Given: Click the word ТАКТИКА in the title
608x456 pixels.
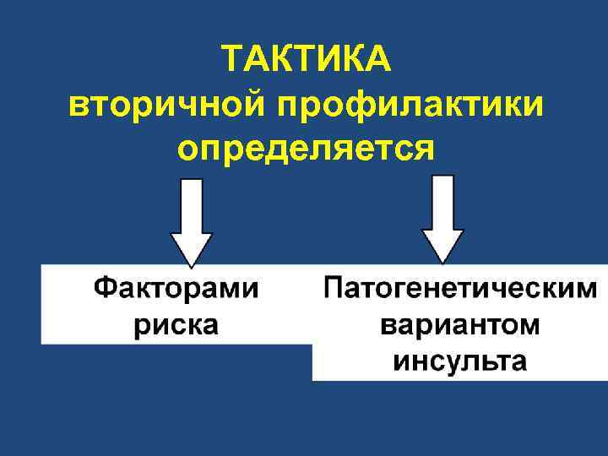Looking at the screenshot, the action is pos(305,59).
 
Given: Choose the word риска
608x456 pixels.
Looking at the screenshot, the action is pos(176,325).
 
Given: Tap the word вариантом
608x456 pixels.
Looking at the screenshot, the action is pos(460,326).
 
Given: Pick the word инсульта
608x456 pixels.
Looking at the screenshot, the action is pos(460,361).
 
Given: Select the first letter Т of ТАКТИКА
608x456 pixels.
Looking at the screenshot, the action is pos(234,59).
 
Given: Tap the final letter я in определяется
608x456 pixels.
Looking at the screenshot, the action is pos(423,150).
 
